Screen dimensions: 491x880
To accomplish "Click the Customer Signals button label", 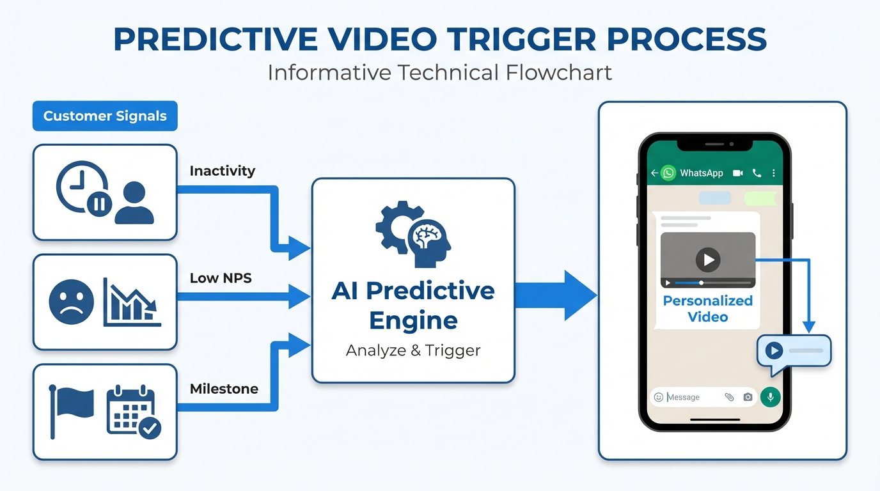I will [105, 116].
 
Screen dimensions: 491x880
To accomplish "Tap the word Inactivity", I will [222, 171].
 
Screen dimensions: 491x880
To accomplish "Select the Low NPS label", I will [221, 279].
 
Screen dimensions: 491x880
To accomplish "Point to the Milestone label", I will [224, 389].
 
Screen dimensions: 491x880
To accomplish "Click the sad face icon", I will [71, 302].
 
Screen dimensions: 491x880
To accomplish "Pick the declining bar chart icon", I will [132, 302].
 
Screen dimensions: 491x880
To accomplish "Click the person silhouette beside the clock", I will [134, 203].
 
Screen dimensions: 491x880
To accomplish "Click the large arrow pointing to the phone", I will [555, 295].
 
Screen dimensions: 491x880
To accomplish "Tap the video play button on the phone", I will [708, 260].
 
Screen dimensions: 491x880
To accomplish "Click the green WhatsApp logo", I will [668, 173].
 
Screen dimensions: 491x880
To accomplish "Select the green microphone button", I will [770, 397].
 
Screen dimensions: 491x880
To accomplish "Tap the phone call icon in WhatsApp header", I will [757, 173].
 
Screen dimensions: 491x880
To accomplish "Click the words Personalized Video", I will [708, 309].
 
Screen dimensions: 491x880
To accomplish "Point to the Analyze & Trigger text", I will [413, 350].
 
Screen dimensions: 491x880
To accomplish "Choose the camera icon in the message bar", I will [748, 397].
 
